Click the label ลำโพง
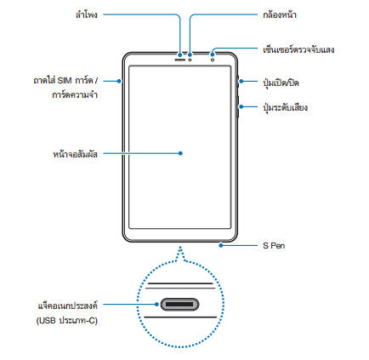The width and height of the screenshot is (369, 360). tap(87, 14)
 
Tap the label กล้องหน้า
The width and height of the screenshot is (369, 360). tap(280, 14)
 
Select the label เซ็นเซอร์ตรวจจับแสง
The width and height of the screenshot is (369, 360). tap(298, 49)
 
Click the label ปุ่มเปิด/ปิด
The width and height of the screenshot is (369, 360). tap(281, 83)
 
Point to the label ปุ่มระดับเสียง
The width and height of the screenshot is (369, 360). tap(285, 107)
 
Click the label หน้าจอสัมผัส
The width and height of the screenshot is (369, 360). tap(75, 154)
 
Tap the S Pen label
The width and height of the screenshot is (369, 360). tap(274, 246)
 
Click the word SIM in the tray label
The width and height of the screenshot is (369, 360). tap(65, 81)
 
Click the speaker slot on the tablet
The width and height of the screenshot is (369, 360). tap(179, 60)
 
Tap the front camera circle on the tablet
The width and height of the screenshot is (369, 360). tap(190, 60)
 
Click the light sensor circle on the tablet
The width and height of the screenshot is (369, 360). tap(213, 60)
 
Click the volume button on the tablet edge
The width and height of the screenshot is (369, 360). tap(237, 106)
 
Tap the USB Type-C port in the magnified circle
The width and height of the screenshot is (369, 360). tap(179, 305)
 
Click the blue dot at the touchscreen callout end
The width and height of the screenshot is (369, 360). tap(180, 153)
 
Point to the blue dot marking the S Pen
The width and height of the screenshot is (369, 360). tap(221, 245)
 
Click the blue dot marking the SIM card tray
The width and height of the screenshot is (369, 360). tap(119, 81)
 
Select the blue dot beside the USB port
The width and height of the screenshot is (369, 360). tap(156, 305)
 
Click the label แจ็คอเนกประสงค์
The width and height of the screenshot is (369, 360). tap(68, 306)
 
